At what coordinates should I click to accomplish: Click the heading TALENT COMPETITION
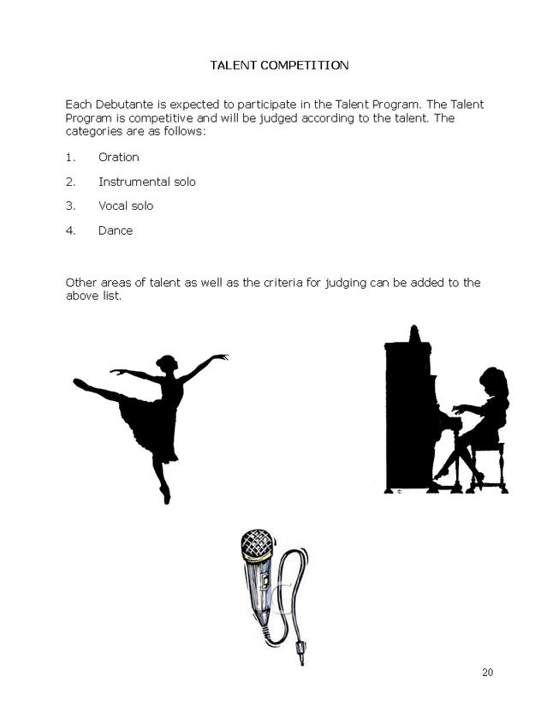point(279,65)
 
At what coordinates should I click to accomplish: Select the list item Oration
point(118,158)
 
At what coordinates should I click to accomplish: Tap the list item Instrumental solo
point(146,182)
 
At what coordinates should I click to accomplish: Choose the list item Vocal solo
point(126,206)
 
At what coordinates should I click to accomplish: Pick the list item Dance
point(116,230)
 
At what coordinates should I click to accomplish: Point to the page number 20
point(487,673)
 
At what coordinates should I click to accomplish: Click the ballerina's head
point(166,362)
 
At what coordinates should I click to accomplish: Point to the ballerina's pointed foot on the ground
point(165,495)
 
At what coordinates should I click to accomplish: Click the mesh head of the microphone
point(257,544)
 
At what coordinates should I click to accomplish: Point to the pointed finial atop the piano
point(414,332)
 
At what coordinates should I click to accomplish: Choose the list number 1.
point(69,158)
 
